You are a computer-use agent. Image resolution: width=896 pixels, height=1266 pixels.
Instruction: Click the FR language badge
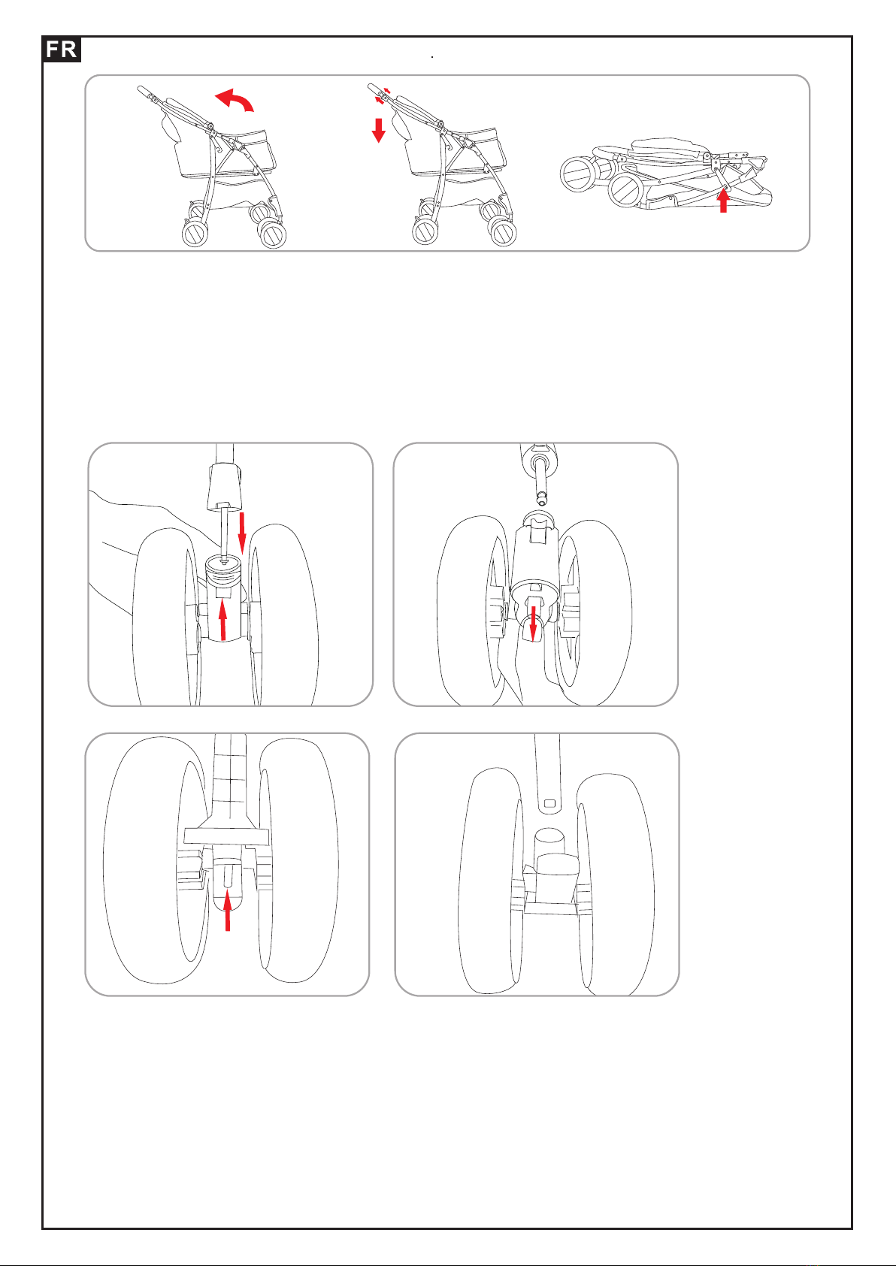[61, 50]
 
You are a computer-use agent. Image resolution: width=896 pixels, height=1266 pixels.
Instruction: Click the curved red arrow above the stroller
[234, 99]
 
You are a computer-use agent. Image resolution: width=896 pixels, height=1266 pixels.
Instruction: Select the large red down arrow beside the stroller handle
[379, 129]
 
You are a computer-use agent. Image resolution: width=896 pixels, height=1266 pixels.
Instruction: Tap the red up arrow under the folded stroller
[723, 201]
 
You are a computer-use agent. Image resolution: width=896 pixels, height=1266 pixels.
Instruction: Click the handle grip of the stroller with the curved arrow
[144, 92]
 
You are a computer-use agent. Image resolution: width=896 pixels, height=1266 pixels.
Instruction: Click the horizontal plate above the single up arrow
[227, 835]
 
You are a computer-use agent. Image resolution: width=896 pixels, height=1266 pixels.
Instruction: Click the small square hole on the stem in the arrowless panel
[549, 803]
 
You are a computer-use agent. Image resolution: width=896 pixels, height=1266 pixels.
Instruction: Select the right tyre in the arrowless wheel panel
[616, 879]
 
